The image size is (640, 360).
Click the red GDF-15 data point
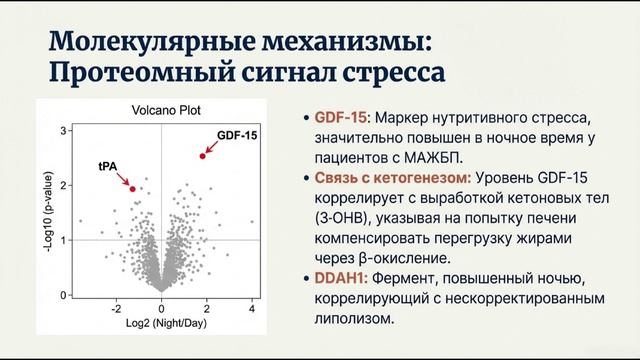(202, 156)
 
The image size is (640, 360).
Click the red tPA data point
(132, 188)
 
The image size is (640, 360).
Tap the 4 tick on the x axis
(252, 308)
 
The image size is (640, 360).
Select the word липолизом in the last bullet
(356, 325)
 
